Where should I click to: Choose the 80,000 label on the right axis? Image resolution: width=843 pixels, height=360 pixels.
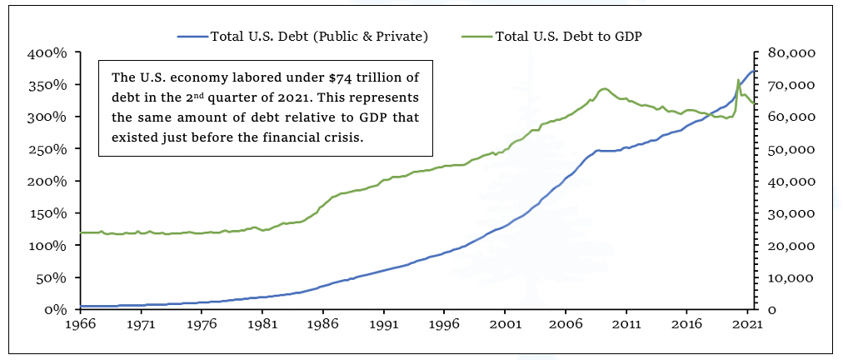point(791,53)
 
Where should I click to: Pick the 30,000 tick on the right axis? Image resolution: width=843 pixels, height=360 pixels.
point(791,213)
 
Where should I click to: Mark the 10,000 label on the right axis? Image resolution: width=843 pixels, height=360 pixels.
point(791,277)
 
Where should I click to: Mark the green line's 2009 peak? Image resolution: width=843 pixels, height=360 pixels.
point(604,88)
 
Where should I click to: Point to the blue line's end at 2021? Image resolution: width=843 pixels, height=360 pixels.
point(753,71)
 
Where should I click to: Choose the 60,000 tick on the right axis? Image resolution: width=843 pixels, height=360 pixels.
point(791,117)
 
